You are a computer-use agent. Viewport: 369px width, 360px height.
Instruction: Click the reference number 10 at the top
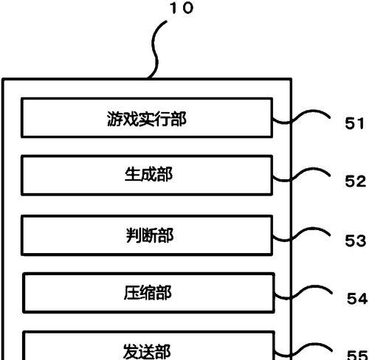(x=182, y=7)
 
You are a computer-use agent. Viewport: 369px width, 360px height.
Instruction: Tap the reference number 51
(x=354, y=123)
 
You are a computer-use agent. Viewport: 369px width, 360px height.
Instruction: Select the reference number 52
(x=356, y=181)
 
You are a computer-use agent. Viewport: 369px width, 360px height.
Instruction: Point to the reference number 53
(x=356, y=240)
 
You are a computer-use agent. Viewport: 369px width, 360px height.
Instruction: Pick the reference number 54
(x=357, y=299)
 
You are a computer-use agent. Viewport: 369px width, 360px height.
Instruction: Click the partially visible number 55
(x=357, y=355)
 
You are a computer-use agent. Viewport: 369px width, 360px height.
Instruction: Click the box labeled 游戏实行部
(x=147, y=117)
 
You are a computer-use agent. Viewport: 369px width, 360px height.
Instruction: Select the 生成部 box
(x=147, y=176)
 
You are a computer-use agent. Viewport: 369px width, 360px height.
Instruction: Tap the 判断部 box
(x=147, y=235)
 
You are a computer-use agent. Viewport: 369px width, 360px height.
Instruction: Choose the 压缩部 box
(x=148, y=293)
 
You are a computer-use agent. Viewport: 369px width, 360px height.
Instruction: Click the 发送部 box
(x=148, y=345)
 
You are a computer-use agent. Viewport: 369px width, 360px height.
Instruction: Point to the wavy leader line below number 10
(x=155, y=49)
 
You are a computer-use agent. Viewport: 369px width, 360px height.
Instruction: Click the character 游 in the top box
(x=115, y=119)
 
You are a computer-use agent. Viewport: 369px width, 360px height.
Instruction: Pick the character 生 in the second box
(x=133, y=174)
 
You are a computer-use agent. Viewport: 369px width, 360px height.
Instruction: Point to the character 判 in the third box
(x=134, y=235)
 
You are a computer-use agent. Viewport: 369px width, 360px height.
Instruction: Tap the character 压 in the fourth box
(x=132, y=293)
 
